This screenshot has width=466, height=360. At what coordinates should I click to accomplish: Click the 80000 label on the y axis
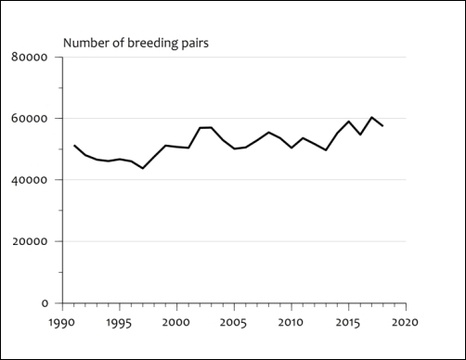tap(30, 58)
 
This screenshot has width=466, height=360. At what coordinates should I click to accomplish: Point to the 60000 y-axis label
tap(30, 119)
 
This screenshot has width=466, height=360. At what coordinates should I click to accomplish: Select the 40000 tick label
tap(30, 180)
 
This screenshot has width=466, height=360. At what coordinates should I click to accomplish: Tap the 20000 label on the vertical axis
tap(30, 241)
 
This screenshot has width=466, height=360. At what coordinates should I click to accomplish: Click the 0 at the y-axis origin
tap(44, 303)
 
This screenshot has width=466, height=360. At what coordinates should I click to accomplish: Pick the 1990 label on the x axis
tap(61, 323)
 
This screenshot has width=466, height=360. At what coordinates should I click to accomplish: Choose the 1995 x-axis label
tap(119, 323)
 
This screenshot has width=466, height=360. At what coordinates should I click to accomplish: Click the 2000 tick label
tap(176, 323)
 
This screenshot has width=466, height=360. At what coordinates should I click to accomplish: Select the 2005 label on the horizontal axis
tap(233, 323)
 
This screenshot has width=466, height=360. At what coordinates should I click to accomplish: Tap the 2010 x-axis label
tap(291, 323)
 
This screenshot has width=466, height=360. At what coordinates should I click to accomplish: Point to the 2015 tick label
tap(348, 323)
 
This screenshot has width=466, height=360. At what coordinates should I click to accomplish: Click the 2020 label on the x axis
tap(405, 323)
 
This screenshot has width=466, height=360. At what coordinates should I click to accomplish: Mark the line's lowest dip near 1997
tap(142, 168)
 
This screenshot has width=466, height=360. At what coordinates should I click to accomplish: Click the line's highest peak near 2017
tap(371, 117)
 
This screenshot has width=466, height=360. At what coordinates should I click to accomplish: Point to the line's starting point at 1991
tap(73, 146)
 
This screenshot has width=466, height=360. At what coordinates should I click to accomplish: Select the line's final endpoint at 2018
tap(382, 125)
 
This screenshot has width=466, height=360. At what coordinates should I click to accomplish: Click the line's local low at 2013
tap(326, 149)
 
